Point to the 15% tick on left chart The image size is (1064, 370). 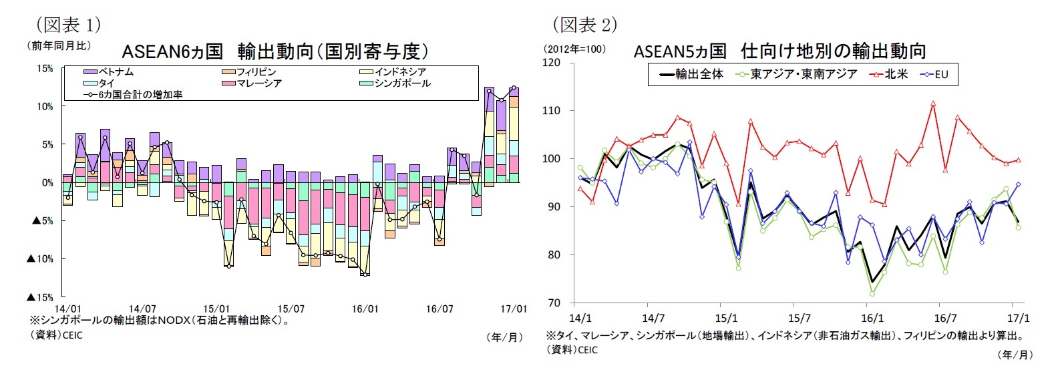[45, 69]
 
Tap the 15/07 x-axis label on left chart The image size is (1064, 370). [291, 309]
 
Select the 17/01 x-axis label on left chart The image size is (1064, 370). [513, 309]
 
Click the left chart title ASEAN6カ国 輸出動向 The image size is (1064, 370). [275, 51]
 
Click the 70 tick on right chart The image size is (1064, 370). [554, 303]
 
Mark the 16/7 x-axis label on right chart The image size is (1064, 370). [944, 319]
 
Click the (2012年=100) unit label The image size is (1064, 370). [574, 49]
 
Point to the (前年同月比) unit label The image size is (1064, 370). [59, 46]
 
